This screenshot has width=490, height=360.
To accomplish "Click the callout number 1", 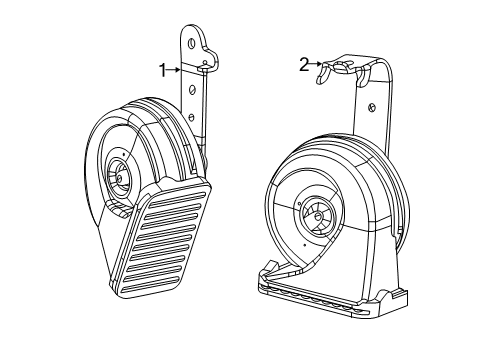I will [161, 69].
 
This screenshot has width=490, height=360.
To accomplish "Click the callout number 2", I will [304, 64].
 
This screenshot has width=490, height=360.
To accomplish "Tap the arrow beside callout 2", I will [318, 65].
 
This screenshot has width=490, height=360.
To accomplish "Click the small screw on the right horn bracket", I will [371, 106].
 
